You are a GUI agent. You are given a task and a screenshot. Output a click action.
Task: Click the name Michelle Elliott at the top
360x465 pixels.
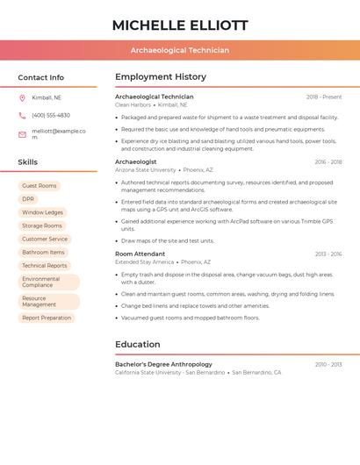180,25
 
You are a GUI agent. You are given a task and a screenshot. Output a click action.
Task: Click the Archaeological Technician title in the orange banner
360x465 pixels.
180,50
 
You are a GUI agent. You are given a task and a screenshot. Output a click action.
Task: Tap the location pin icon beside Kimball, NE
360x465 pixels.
22,97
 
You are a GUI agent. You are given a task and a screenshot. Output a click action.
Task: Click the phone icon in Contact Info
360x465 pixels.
22,115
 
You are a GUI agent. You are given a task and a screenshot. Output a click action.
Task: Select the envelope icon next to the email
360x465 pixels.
22,134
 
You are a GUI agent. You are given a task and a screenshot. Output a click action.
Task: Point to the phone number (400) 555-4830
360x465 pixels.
51,115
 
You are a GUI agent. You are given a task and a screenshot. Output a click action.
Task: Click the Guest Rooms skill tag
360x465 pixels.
40,186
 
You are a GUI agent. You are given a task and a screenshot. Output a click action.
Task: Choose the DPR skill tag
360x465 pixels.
28,199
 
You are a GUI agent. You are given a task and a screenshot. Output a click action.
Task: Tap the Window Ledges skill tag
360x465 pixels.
42,212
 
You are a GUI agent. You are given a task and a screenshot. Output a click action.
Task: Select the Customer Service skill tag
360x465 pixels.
45,239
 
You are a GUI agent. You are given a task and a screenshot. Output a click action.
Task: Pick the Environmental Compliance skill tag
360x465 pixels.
48,282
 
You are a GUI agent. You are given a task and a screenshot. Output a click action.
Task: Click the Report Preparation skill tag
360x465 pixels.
47,318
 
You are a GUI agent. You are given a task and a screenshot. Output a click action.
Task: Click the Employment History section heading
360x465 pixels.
161,76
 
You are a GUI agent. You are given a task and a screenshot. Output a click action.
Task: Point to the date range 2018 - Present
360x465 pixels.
324,97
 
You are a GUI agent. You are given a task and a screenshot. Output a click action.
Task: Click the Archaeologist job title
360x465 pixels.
136,162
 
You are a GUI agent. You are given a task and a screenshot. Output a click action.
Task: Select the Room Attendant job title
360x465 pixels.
140,254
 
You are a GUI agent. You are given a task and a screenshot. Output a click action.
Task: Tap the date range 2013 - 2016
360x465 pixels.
328,254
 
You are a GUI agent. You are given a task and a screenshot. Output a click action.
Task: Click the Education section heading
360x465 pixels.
138,344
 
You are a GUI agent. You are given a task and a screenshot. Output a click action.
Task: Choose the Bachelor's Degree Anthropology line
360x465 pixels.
163,364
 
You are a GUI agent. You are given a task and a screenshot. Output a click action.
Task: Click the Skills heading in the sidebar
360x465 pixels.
28,162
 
